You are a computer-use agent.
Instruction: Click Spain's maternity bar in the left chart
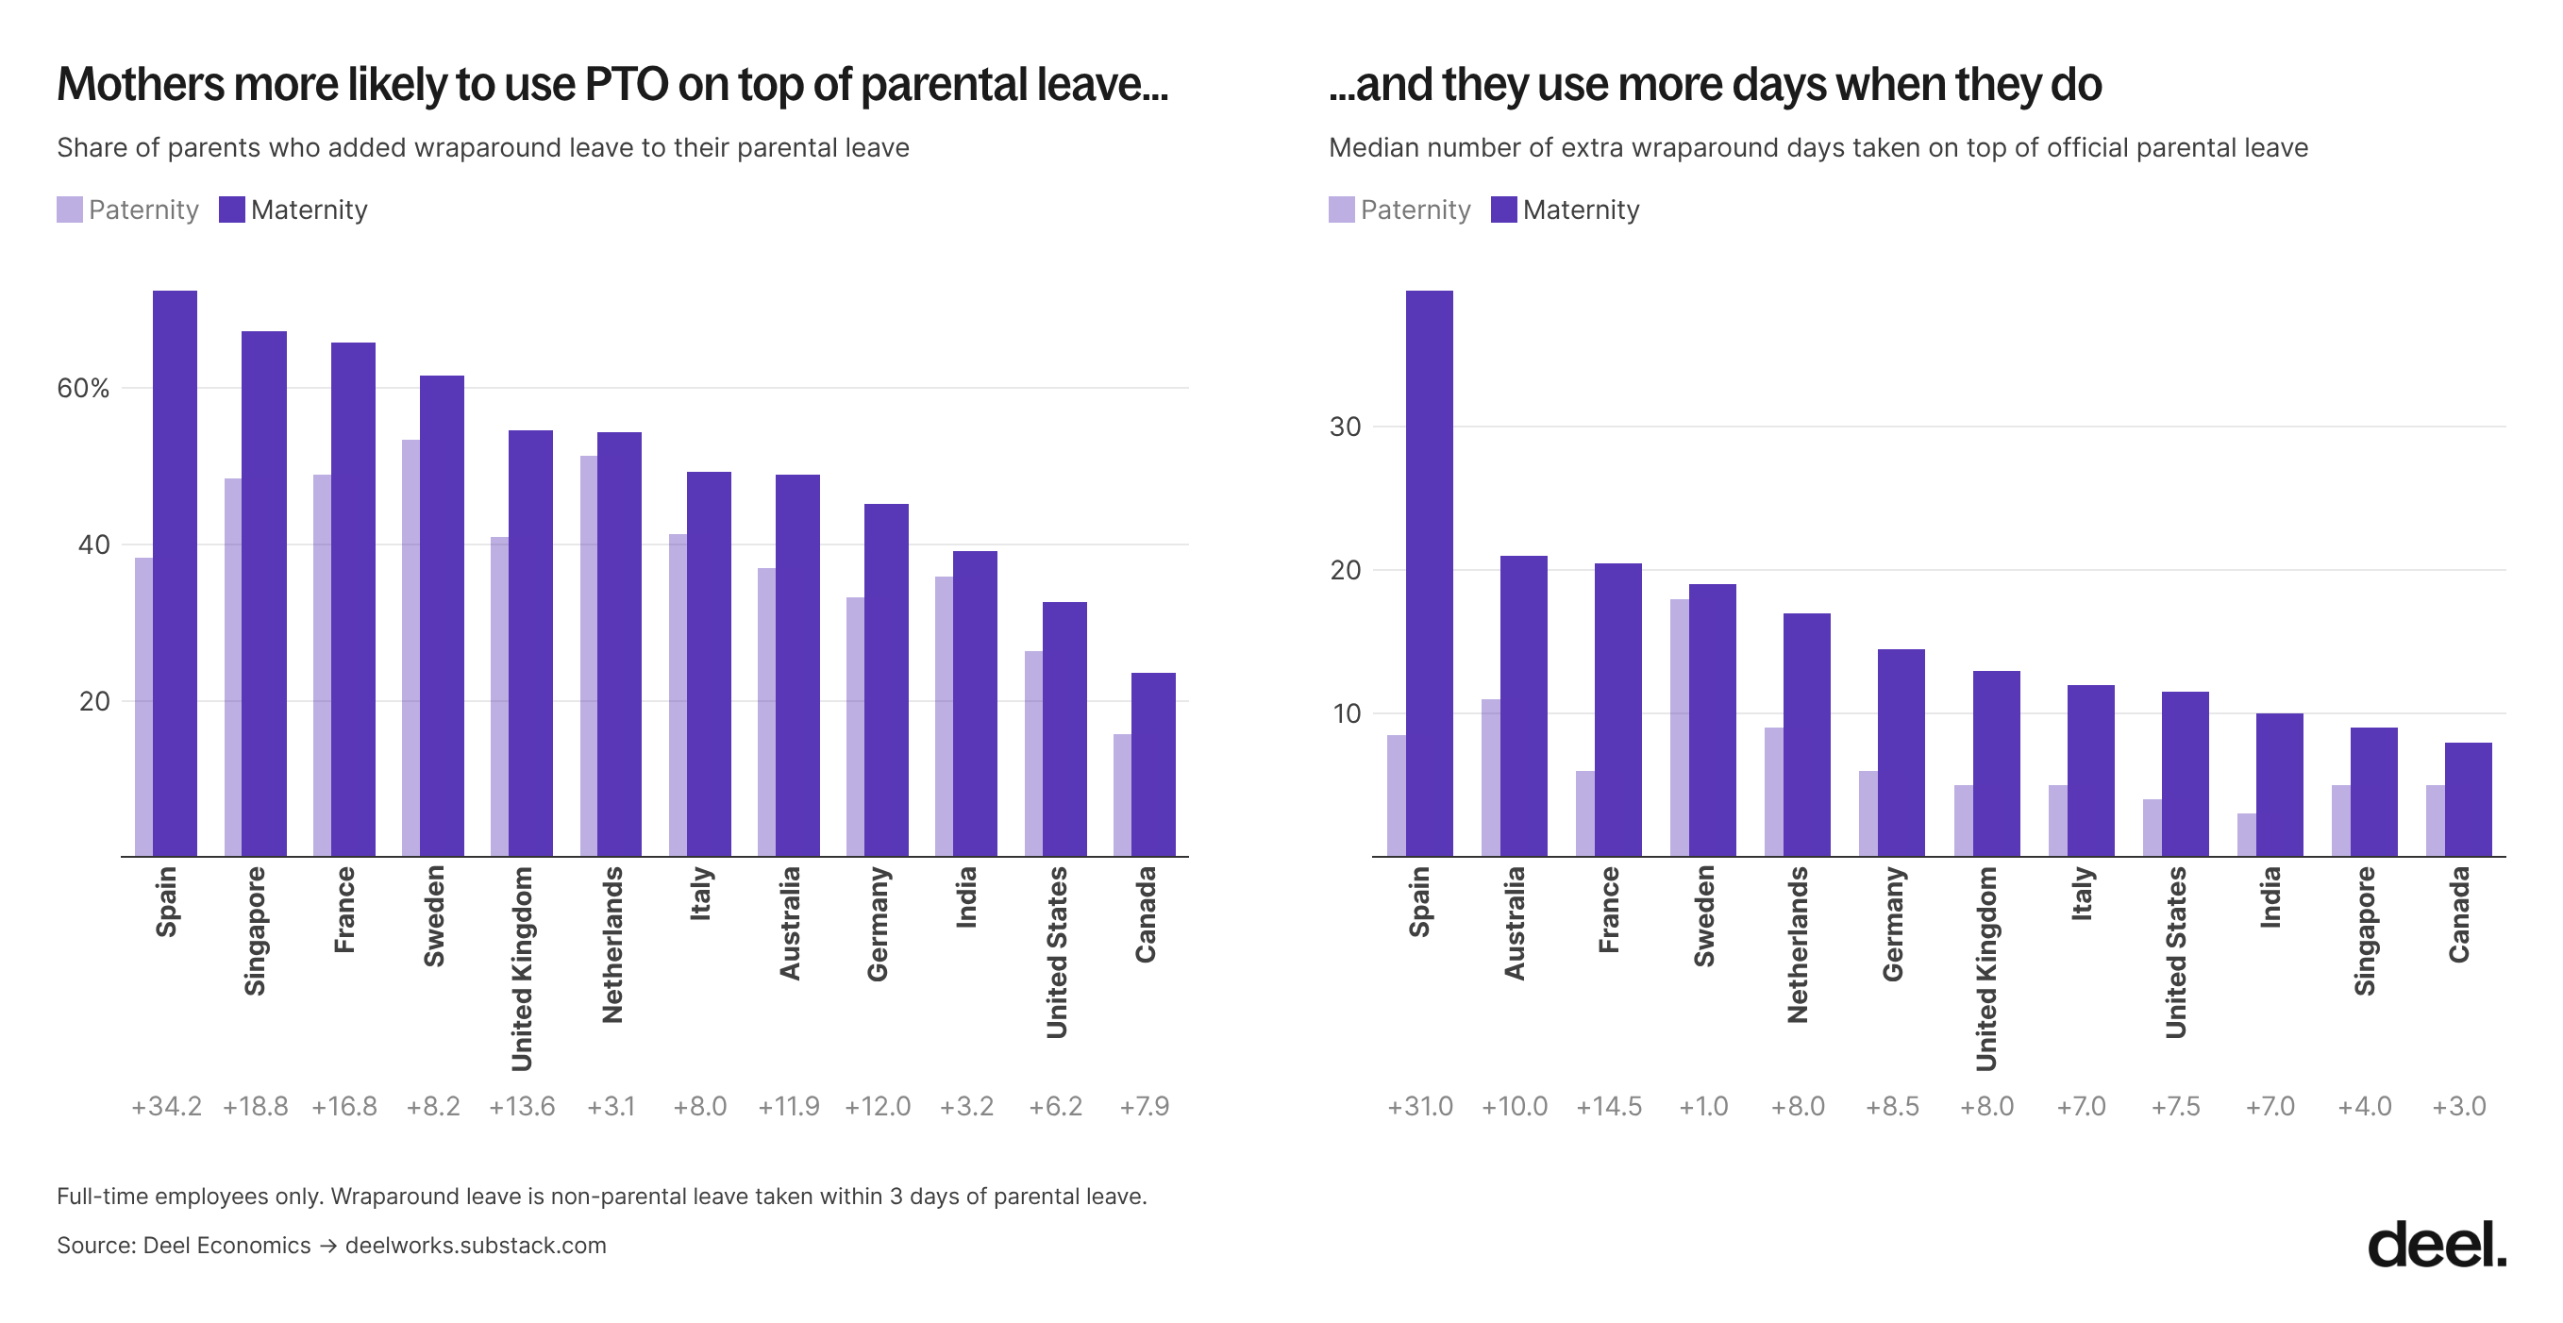(176, 573)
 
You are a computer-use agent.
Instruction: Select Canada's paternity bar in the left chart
(1122, 795)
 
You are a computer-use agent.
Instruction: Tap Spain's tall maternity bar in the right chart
(1429, 573)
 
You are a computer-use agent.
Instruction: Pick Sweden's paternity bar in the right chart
(1680, 728)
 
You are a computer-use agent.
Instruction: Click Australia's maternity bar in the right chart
(1523, 706)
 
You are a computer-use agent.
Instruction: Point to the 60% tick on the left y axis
(84, 389)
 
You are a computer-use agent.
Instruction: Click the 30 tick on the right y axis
(1345, 427)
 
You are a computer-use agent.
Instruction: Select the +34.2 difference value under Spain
(166, 1106)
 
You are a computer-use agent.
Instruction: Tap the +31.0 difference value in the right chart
(1420, 1106)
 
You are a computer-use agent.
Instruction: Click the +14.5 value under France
(1609, 1106)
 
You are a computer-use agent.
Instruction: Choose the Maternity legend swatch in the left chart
(232, 209)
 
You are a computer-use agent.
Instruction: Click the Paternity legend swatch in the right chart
(1341, 209)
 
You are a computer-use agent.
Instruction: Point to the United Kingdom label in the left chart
(521, 969)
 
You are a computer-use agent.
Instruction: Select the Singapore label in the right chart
(2364, 931)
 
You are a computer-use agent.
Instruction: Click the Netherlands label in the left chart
(611, 944)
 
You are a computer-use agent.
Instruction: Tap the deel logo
(2437, 1244)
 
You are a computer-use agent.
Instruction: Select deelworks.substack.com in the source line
(476, 1246)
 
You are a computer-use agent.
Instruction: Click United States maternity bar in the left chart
(1064, 729)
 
